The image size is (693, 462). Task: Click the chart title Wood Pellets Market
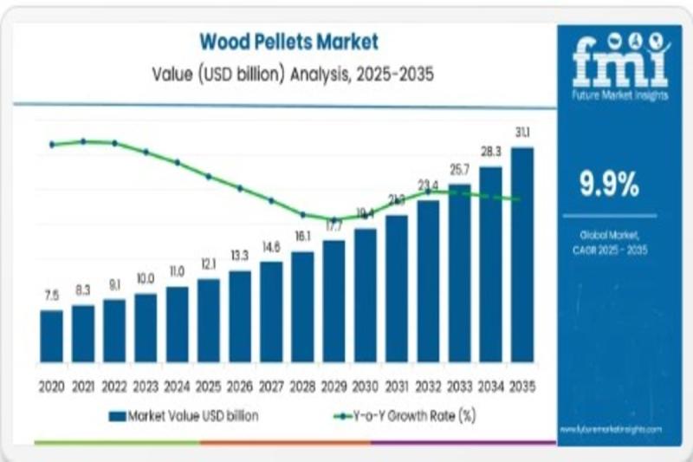click(x=289, y=41)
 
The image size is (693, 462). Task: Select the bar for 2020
click(x=51, y=335)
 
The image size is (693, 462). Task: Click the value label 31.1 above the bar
click(x=522, y=133)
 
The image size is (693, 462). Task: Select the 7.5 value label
click(x=52, y=296)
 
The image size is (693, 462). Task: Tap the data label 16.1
click(x=302, y=237)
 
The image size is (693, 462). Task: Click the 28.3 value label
click(x=491, y=152)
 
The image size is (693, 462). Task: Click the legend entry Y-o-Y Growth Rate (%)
click(x=405, y=416)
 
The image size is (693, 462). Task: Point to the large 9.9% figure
click(x=610, y=184)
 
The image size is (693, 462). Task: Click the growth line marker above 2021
click(x=83, y=140)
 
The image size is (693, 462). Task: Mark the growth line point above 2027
click(x=271, y=200)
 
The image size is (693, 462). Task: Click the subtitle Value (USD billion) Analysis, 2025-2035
click(x=290, y=75)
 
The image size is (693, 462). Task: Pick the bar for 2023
click(x=146, y=327)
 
